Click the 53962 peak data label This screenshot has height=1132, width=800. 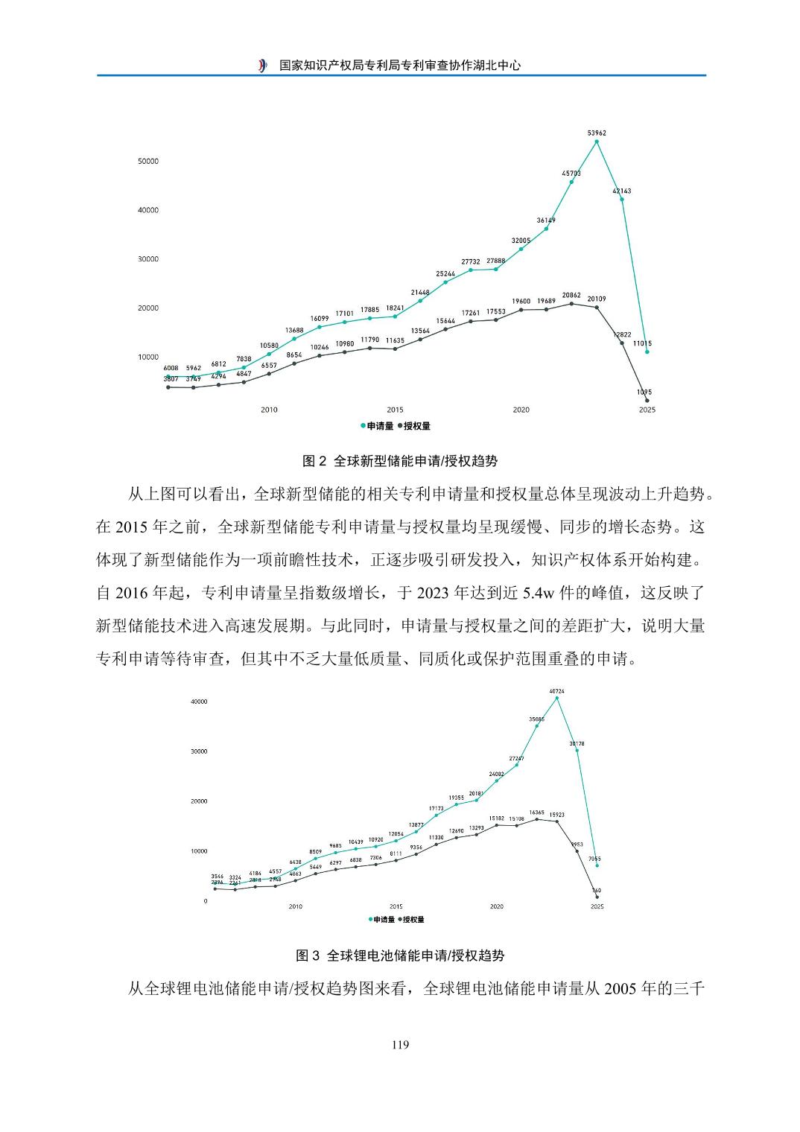[597, 133]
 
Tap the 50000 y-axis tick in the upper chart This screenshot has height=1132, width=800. [148, 162]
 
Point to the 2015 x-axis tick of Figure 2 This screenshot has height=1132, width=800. [395, 410]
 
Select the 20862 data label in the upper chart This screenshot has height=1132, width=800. [571, 296]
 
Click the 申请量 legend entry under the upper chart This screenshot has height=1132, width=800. [377, 427]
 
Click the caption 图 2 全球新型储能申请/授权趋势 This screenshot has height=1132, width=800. [400, 462]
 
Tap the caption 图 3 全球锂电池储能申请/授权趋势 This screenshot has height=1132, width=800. [400, 955]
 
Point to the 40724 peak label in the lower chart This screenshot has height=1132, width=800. [556, 691]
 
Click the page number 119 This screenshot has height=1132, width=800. [400, 1045]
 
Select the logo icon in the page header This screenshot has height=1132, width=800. [262, 66]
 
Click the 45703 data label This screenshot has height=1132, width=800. [571, 174]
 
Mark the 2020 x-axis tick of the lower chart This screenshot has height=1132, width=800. [497, 906]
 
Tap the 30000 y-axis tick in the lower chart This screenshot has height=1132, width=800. [199, 751]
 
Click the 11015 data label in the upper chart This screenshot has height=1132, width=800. [642, 343]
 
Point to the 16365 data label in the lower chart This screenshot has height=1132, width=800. [537, 813]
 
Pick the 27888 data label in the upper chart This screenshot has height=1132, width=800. [495, 261]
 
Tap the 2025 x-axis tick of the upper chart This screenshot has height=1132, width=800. [647, 410]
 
